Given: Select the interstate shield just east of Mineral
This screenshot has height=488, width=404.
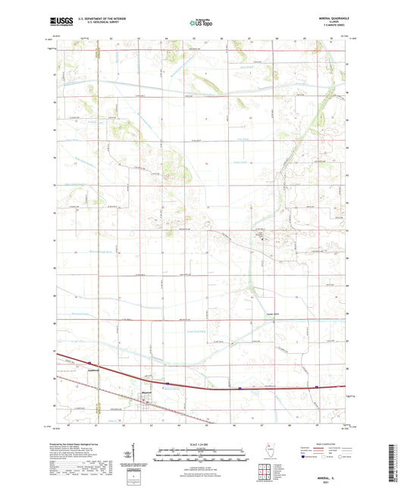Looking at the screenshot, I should (x=240, y=389).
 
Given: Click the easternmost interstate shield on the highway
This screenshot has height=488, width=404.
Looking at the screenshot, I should (x=315, y=388).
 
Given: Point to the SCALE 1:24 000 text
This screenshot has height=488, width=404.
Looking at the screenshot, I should (x=202, y=443).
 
